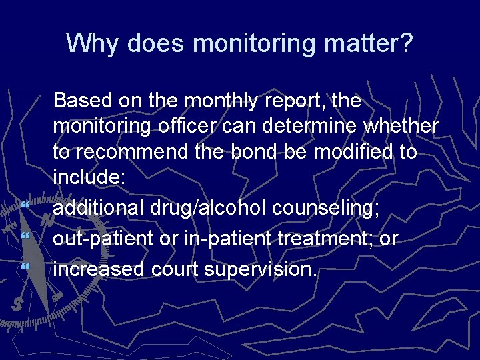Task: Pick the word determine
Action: tap(303, 126)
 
